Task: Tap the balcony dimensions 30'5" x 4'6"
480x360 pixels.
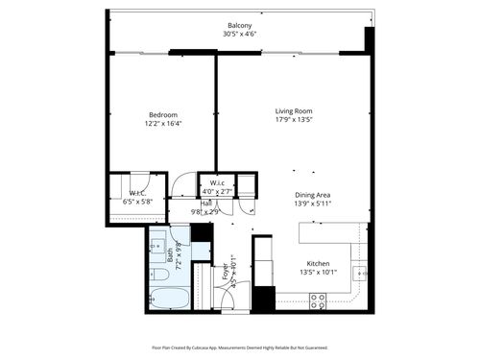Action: [x=240, y=35]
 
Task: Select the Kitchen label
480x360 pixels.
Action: [x=318, y=263]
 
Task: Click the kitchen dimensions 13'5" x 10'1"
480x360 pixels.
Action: [x=318, y=273]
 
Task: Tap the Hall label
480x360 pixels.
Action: [x=206, y=203]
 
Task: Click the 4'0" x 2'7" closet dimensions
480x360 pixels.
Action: [x=216, y=192]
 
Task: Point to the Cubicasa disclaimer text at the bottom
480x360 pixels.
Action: [x=240, y=348]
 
